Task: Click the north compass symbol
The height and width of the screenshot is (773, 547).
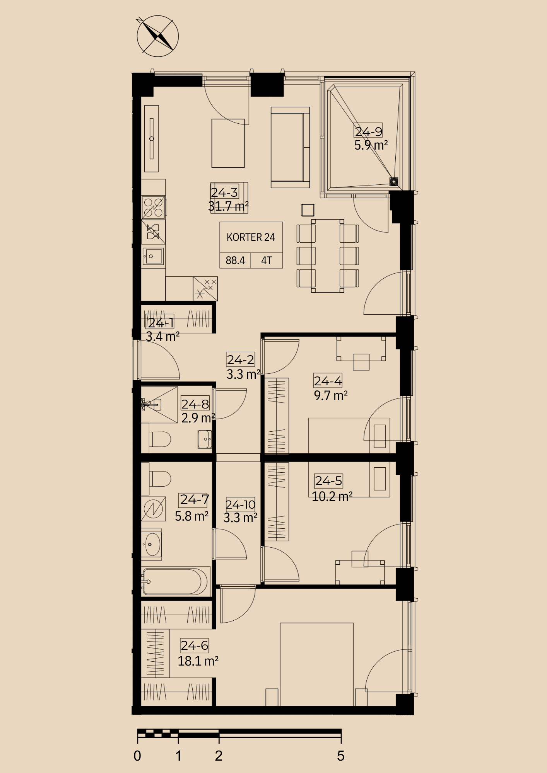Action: click(x=158, y=36)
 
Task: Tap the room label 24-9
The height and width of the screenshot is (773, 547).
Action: click(x=368, y=131)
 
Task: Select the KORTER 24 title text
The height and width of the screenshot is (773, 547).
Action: click(x=251, y=237)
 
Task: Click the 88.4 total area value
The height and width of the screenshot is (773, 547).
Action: click(x=235, y=261)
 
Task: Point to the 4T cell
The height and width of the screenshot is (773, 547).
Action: click(x=267, y=261)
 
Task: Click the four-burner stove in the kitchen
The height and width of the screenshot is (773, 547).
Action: click(x=154, y=207)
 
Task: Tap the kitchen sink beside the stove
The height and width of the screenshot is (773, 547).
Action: click(x=154, y=256)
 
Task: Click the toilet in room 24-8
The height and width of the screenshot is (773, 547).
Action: click(x=160, y=439)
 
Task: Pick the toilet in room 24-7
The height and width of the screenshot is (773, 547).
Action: click(x=160, y=478)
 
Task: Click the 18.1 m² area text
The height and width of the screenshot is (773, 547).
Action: click(x=198, y=661)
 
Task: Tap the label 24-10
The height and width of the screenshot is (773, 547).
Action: click(x=241, y=504)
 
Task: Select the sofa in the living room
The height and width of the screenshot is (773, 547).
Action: click(x=290, y=148)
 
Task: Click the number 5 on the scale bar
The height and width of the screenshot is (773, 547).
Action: click(x=340, y=756)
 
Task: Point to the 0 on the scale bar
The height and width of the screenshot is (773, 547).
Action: click(x=137, y=756)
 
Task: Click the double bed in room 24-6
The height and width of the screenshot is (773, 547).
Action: click(x=316, y=664)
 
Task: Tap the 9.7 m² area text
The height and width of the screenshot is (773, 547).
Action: click(x=331, y=396)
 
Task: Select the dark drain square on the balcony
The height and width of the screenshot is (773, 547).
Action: click(x=394, y=181)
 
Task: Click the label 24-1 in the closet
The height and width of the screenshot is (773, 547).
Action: click(x=161, y=323)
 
